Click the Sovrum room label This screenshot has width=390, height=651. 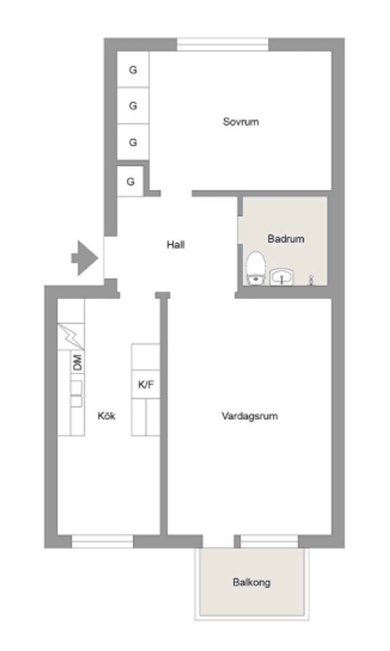coord(240,122)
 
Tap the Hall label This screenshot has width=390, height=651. coord(175,245)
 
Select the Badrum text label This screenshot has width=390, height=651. coord(286,238)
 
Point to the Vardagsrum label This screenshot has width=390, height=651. coord(249,416)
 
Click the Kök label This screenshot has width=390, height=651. coord(106,416)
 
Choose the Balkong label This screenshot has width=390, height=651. coord(251,582)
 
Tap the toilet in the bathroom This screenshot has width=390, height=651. coord(256,267)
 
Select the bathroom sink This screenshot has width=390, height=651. coord(281,277)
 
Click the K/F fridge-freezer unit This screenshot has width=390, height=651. coord(146,384)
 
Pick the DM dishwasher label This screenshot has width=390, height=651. coord(77,362)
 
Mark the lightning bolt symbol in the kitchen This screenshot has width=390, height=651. coord(71,336)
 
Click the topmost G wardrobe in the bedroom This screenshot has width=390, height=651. coord(133,70)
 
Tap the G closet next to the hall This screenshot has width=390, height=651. coord(130,181)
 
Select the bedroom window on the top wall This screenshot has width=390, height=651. coord(223,44)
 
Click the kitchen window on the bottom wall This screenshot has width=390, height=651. coord(102,541)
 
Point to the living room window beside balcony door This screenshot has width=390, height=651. coord(269,541)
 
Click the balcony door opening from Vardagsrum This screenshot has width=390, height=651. coord(218,541)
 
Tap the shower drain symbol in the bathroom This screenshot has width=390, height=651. coord(311,279)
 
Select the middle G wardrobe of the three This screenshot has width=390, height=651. coord(133,106)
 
